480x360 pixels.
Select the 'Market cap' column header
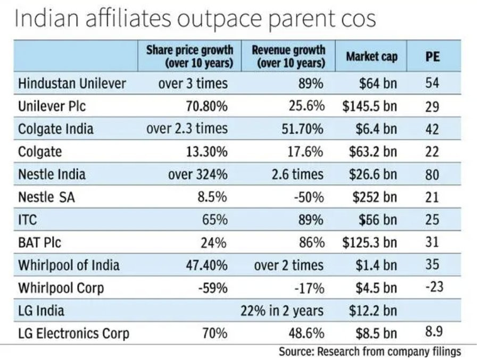[x=372, y=56]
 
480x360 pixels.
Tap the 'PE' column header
[x=433, y=57]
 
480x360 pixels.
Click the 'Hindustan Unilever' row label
[x=72, y=83]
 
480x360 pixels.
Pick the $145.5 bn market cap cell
[x=370, y=106]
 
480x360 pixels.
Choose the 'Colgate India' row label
[x=56, y=129]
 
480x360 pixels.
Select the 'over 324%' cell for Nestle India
[x=198, y=174]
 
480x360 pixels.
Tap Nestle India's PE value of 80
[x=432, y=174]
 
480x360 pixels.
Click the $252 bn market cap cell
[x=375, y=197]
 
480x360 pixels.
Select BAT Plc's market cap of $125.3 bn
[x=370, y=242]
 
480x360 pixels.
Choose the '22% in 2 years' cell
[x=282, y=311]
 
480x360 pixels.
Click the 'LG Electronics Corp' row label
[x=73, y=334]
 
